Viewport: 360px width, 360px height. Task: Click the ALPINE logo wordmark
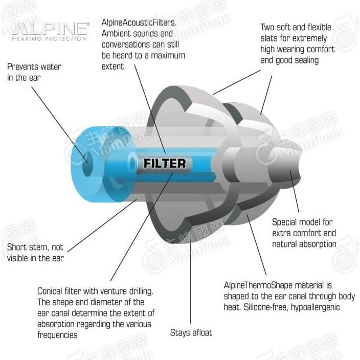coord(50,28)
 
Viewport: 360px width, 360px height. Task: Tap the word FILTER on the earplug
coord(164,164)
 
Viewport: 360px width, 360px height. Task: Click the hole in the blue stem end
coord(84,154)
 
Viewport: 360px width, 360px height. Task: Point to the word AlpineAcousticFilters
coord(140,22)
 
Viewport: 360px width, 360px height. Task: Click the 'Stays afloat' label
coord(191,332)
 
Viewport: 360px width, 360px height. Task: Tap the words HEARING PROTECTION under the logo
coord(49,38)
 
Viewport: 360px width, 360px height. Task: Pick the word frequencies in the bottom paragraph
coord(57,335)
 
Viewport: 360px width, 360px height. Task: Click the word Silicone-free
coord(254,307)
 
